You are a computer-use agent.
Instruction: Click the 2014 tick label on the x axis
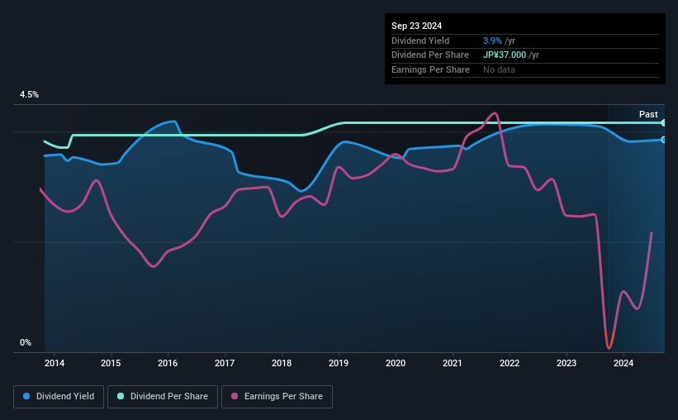(x=55, y=363)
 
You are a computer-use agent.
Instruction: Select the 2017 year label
(x=225, y=363)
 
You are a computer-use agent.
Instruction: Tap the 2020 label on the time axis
(x=396, y=363)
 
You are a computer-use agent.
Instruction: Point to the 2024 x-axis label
(x=623, y=363)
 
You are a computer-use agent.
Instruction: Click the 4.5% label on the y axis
(x=29, y=95)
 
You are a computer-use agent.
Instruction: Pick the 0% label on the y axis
(x=26, y=343)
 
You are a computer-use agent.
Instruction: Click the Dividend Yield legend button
(x=59, y=397)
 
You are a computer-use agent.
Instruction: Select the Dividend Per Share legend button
(x=163, y=397)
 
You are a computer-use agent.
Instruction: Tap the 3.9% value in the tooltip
(x=494, y=41)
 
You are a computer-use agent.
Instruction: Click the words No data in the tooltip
(x=499, y=70)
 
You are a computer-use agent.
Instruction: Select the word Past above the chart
(x=648, y=114)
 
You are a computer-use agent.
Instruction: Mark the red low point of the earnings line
(x=609, y=347)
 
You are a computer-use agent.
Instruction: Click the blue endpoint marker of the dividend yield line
(x=664, y=140)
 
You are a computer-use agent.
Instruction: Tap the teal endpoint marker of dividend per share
(x=664, y=122)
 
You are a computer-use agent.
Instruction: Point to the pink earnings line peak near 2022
(x=494, y=113)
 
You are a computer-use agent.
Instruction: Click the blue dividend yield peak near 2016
(x=173, y=122)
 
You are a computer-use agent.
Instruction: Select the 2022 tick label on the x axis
(x=510, y=363)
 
